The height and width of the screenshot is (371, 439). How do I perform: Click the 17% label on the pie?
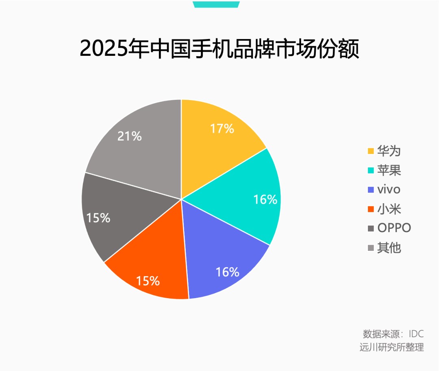(222, 129)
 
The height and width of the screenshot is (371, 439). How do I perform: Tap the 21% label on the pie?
(129, 136)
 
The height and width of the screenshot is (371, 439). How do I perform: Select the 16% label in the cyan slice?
(265, 200)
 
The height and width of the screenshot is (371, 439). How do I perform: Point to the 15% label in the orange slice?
(148, 281)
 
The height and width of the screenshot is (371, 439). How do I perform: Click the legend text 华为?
(389, 151)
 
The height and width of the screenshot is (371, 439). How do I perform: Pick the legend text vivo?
(389, 189)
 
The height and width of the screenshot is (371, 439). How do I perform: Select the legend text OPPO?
(394, 228)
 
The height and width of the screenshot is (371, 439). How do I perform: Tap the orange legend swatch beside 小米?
(370, 209)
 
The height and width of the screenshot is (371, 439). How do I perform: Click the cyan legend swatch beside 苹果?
(370, 171)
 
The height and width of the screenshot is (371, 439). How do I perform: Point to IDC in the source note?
(416, 334)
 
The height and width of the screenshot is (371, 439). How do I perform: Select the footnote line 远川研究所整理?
(391, 347)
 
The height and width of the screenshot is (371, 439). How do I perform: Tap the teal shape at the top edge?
(216, 4)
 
